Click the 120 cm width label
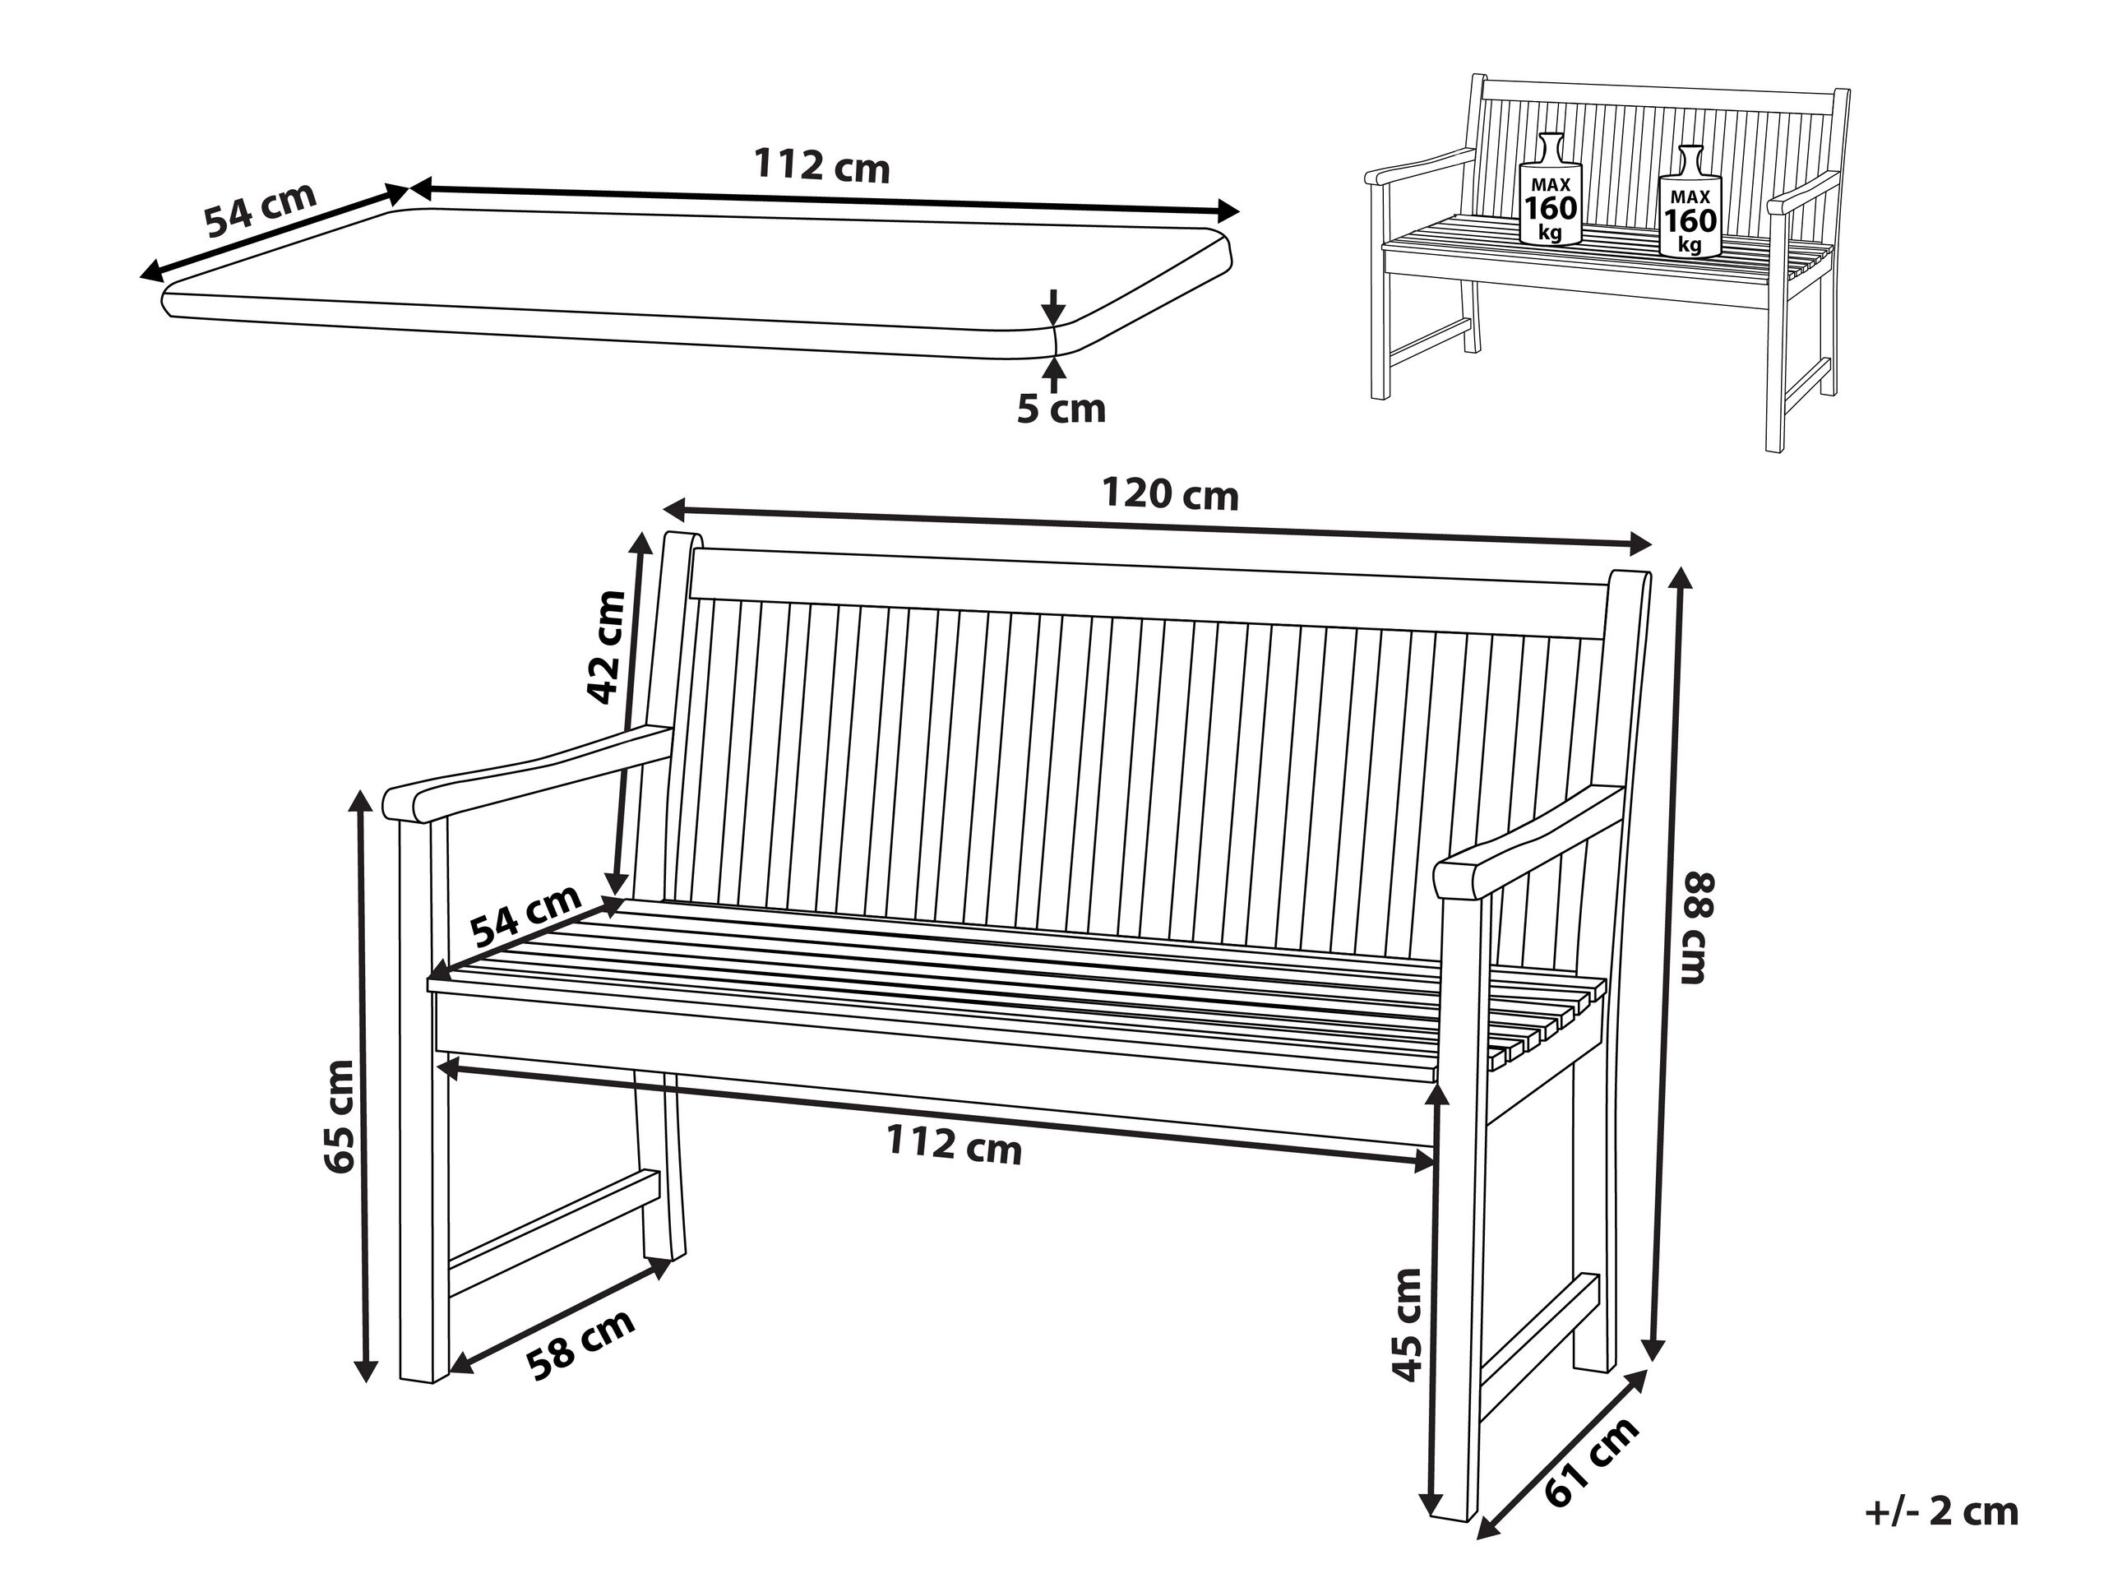1170,494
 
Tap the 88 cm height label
1698,928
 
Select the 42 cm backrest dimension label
606,648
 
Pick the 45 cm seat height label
1405,1324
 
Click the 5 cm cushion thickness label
1061,409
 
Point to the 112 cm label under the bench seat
954,1145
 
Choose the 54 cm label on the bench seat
526,915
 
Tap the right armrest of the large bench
1529,841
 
